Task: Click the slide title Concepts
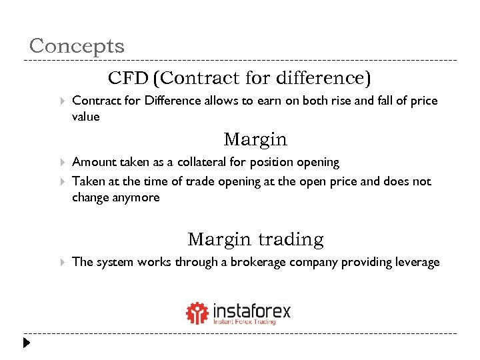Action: tap(77, 46)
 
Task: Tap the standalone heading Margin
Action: tap(255, 139)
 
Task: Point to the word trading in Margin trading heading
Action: tap(291, 239)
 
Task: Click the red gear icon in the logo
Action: tap(197, 313)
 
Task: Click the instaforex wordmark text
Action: tap(252, 311)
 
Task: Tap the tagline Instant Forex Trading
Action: tap(244, 322)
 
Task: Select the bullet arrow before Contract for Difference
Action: tap(61, 101)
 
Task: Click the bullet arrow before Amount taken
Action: tap(61, 162)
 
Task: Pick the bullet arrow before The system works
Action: tap(61, 262)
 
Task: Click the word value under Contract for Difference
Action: tap(85, 117)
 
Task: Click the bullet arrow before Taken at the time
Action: tap(61, 181)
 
